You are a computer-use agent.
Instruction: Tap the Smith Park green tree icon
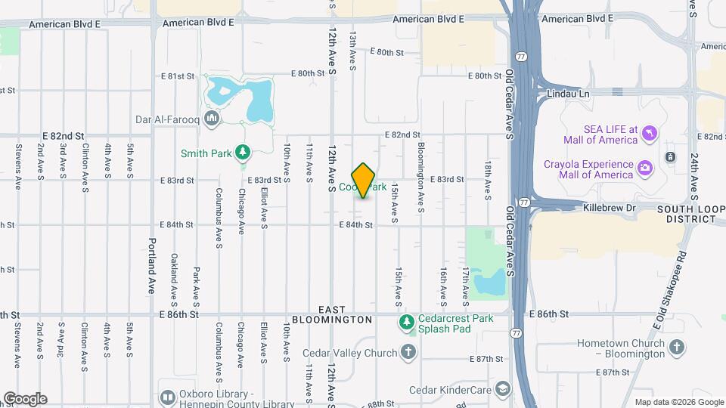tap(243, 153)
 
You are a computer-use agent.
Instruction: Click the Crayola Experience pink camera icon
tap(644, 166)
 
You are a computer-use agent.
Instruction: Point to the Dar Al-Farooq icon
tap(211, 118)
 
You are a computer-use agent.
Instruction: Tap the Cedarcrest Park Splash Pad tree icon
tap(407, 323)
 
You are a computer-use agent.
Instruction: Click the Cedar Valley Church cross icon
tap(408, 352)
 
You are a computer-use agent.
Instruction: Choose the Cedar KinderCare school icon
tap(501, 389)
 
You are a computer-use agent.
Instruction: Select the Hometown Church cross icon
tap(677, 348)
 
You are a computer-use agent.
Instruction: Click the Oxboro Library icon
tap(168, 398)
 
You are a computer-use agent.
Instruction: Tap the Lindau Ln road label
tap(566, 94)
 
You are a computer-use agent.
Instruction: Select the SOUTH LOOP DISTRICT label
tap(685, 214)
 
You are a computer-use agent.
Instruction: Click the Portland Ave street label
tap(151, 257)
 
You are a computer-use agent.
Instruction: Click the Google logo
tap(24, 399)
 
